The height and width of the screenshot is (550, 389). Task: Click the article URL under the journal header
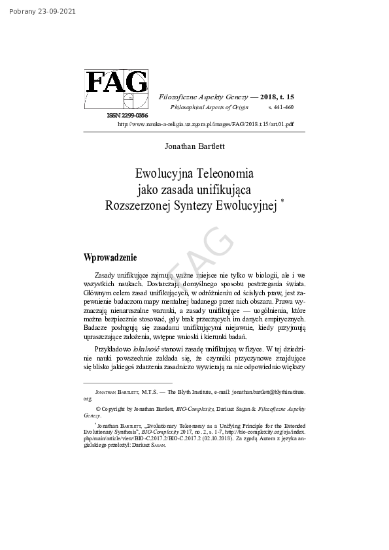pyautogui.click(x=205, y=123)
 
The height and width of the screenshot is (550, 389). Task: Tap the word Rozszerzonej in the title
pyautogui.click(x=137, y=206)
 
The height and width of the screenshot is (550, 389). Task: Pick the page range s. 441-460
pyautogui.click(x=280, y=106)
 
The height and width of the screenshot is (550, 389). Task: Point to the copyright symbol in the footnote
pyautogui.click(x=99, y=408)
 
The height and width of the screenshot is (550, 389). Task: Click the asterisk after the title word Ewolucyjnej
pyautogui.click(x=282, y=202)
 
